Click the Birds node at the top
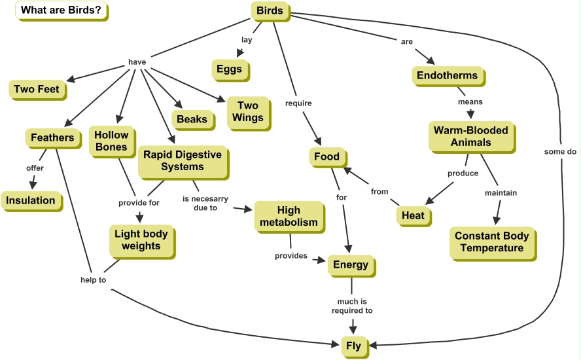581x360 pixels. point(270,11)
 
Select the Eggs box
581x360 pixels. point(230,69)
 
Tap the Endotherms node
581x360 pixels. point(448,75)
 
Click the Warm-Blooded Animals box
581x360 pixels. point(470,136)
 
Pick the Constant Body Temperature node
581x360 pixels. point(491,242)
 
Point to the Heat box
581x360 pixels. point(413,215)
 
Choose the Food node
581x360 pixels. point(326,156)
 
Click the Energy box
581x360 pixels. point(351,265)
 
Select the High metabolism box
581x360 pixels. point(289,216)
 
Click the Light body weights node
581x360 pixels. point(141,240)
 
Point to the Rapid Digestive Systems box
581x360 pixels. point(183,161)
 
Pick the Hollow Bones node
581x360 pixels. point(111,141)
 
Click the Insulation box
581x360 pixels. point(31,200)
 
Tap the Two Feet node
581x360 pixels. point(37,89)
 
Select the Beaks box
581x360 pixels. point(192,119)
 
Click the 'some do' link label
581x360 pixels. point(560,151)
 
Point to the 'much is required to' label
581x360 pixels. point(352,306)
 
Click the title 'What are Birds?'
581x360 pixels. point(61,10)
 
